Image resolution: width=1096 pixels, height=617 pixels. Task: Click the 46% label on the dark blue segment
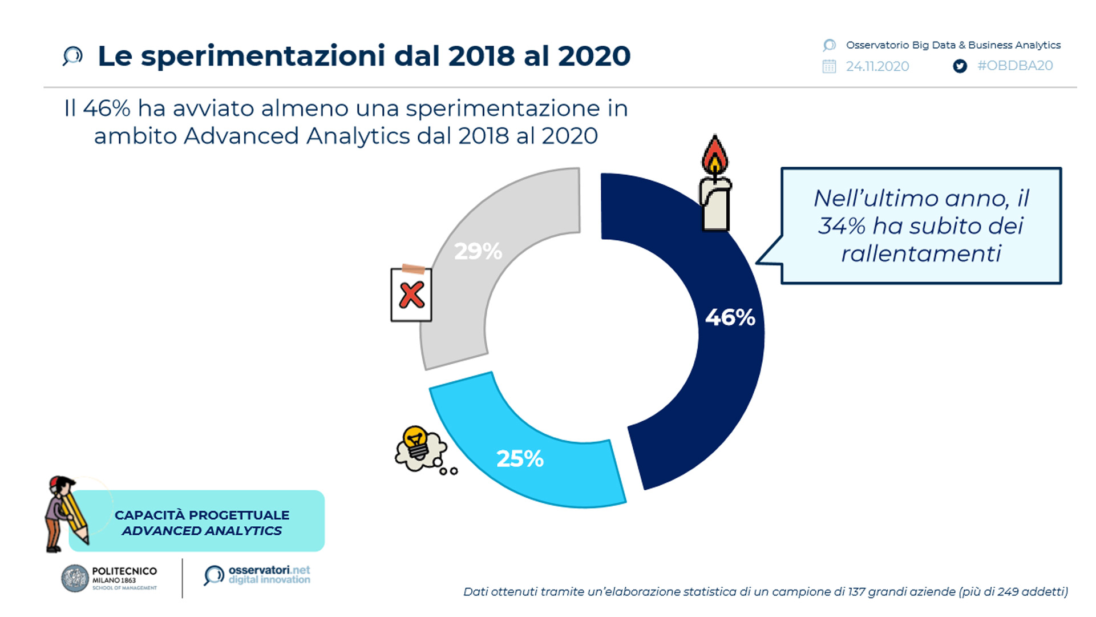[730, 317]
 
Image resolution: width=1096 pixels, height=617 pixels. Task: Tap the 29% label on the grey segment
[478, 251]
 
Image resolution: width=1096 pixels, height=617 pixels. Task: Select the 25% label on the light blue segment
[520, 458]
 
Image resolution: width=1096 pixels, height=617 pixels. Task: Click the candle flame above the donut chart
[715, 155]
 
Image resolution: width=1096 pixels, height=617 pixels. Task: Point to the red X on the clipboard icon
[411, 295]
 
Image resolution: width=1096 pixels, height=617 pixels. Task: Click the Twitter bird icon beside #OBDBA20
[960, 66]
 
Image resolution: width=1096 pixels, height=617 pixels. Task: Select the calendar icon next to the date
[829, 66]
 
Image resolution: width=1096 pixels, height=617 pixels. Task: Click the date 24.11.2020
[877, 66]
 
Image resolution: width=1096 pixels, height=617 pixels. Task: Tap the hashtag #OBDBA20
[1015, 66]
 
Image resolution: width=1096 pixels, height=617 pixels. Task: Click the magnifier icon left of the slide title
[72, 56]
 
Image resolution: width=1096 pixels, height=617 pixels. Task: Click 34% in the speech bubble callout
[842, 226]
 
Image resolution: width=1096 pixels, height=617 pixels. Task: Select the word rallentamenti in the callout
[921, 253]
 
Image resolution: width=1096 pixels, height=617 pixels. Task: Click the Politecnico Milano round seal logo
[75, 578]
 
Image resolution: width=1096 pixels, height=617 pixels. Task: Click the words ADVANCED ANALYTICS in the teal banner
[202, 531]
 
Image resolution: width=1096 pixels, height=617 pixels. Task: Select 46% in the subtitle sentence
[107, 108]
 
